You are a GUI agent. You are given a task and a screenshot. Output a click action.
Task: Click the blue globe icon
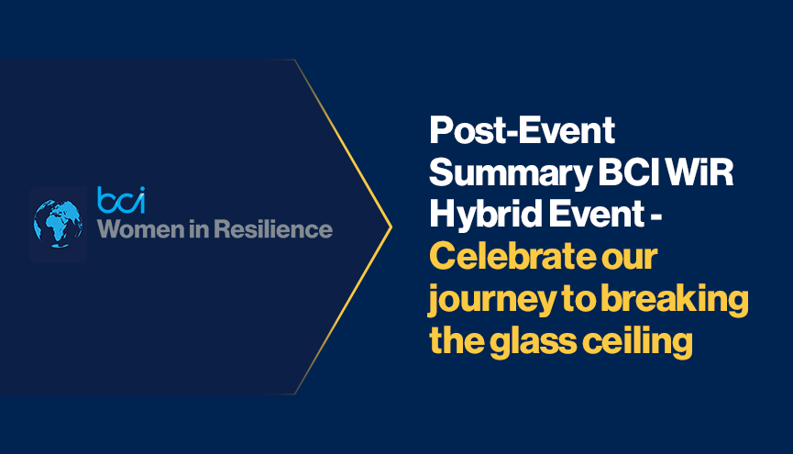(58, 224)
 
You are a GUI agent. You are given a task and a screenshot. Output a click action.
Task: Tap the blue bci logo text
(121, 200)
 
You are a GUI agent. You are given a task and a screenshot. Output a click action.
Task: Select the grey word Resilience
(273, 229)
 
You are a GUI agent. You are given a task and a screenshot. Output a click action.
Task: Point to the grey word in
(199, 229)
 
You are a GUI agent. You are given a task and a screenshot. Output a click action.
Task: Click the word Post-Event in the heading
(522, 130)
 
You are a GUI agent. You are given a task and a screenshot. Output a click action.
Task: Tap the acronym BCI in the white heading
(629, 172)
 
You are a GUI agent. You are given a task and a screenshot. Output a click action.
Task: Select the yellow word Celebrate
(512, 256)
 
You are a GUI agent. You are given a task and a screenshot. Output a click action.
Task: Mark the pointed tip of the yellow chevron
(391, 227)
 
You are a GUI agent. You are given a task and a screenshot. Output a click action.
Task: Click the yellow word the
(457, 341)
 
